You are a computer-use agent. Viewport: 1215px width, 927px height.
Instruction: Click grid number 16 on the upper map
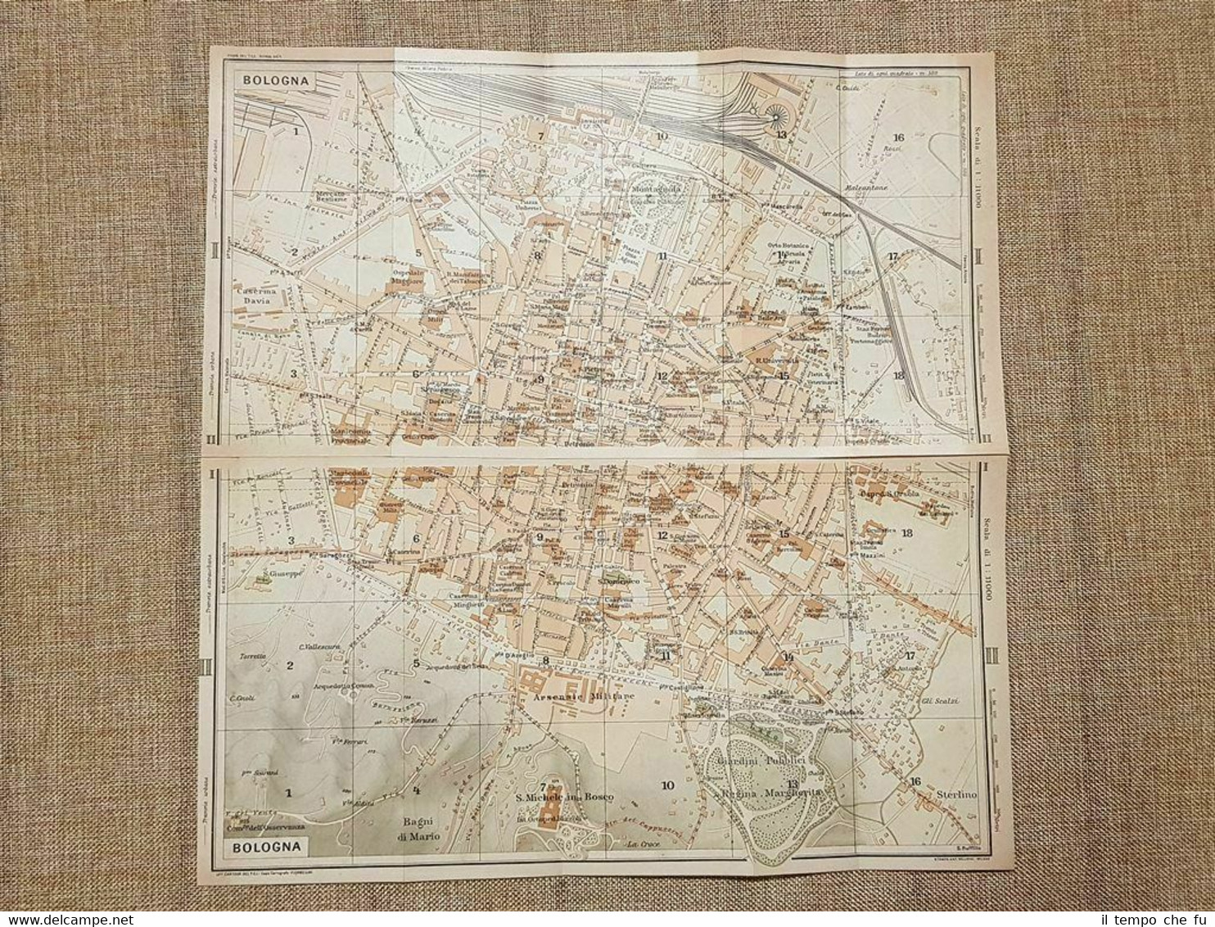[899, 138]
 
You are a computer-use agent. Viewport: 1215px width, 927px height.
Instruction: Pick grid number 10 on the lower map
[667, 785]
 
